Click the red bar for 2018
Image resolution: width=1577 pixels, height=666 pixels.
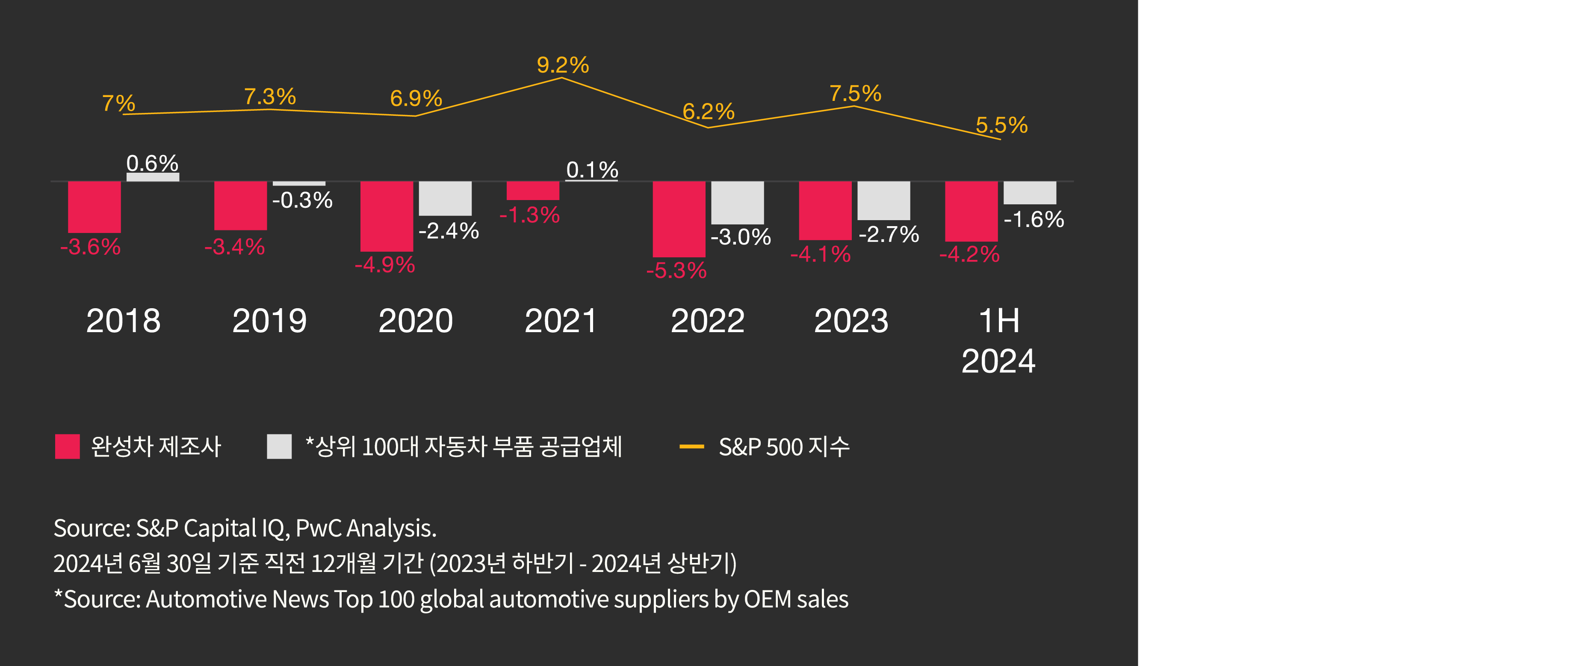coord(94,206)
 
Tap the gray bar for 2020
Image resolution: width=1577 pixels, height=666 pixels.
coord(445,198)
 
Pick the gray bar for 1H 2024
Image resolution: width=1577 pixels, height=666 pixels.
coord(1030,192)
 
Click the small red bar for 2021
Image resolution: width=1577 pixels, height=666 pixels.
coord(533,190)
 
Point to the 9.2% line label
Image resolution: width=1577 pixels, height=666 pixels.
coord(563,65)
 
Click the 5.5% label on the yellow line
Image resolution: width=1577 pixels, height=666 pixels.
coord(1001,126)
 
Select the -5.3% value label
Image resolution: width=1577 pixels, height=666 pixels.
coord(676,270)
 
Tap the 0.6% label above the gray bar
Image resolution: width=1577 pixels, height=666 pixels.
coord(152,163)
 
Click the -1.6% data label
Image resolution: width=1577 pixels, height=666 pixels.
coord(1034,219)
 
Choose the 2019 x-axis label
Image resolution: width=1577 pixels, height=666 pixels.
coord(269,321)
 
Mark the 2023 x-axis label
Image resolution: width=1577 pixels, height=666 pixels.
coord(851,321)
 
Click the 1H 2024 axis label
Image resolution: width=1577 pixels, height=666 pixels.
coord(998,340)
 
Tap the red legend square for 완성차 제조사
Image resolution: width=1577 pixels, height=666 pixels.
coord(67,446)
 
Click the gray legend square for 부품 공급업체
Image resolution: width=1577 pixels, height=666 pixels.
coord(279,446)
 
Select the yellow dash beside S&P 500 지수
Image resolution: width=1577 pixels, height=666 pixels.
coord(692,447)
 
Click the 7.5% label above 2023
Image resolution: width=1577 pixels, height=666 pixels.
coord(855,94)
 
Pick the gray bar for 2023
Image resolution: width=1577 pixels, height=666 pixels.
coord(883,200)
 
